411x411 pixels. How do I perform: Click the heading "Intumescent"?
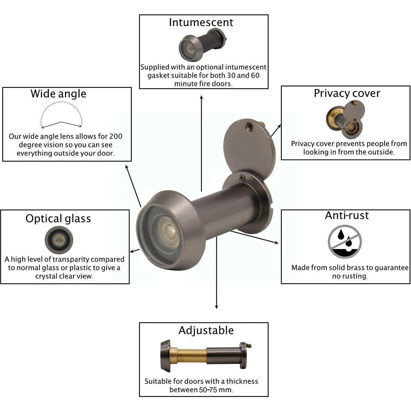201,22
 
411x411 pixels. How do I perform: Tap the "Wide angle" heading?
58,94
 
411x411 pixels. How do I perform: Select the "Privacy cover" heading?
347,93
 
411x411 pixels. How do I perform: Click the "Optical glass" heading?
58,219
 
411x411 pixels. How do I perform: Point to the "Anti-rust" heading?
347,215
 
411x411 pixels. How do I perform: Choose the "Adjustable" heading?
206,331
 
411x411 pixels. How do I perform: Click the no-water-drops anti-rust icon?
345,242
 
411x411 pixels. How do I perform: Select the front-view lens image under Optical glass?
59,240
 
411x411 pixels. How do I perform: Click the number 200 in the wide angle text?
116,136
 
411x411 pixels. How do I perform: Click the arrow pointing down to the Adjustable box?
216,272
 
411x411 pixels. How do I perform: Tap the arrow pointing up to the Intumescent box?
201,143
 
